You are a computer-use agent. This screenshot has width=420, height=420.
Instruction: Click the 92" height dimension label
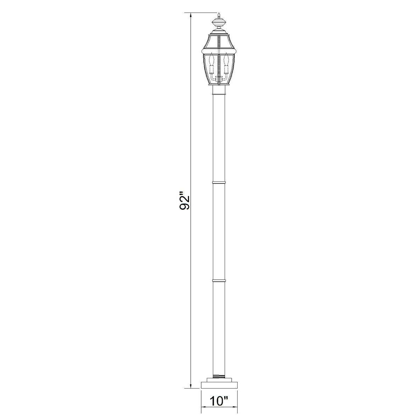[x=184, y=201]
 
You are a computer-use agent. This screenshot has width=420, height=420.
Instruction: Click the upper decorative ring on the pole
[x=219, y=182]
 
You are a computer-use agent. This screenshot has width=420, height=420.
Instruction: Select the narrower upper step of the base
[x=219, y=379]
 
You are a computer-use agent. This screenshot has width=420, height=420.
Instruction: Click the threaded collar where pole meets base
[x=219, y=376]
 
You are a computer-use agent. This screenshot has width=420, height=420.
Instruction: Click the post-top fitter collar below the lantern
[x=219, y=92]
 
